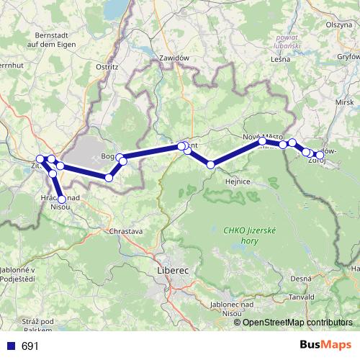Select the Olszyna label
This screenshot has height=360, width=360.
pos(338,24)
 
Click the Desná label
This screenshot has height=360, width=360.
pos(300,277)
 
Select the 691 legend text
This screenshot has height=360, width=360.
pos(30,346)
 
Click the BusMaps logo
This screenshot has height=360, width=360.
pos(325,346)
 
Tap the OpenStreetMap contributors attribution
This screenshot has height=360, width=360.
pos(297,323)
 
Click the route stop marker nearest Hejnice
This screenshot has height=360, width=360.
pos(211,165)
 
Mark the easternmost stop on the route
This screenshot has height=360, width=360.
pos(320,155)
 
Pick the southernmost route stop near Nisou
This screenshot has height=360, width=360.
pos(62,199)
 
